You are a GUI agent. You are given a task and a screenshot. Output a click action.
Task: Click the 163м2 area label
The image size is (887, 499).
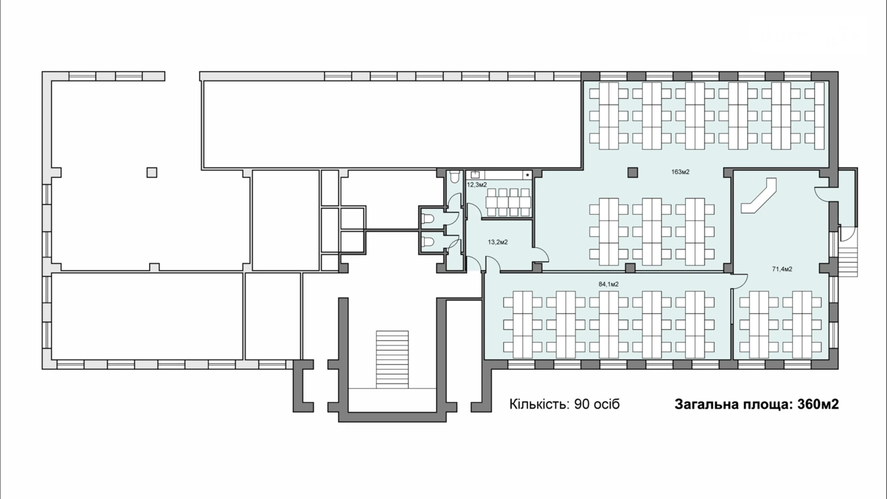pos(680,172)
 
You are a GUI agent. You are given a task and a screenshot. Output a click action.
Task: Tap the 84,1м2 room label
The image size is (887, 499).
pos(608,284)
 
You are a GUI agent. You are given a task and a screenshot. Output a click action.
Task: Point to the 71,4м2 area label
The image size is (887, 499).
pos(782,269)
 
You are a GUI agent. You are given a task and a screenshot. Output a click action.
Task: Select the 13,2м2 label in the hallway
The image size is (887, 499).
pos(498,242)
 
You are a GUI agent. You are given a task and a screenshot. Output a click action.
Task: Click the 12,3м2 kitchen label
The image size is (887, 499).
pos(477,185)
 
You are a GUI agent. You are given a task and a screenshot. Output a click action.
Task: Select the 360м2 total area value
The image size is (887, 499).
pos(818,404)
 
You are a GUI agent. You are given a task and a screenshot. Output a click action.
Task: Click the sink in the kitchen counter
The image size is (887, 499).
pos(475,175)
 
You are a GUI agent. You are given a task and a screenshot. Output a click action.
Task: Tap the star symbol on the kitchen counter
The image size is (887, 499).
pos(527,175)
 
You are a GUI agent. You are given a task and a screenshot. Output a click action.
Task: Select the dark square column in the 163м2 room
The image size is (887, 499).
pos(633,172)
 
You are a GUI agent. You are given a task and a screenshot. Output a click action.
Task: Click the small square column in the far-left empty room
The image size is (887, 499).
pos(152,172)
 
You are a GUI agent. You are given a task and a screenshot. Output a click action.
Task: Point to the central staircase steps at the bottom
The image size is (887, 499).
pos(392,359)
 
